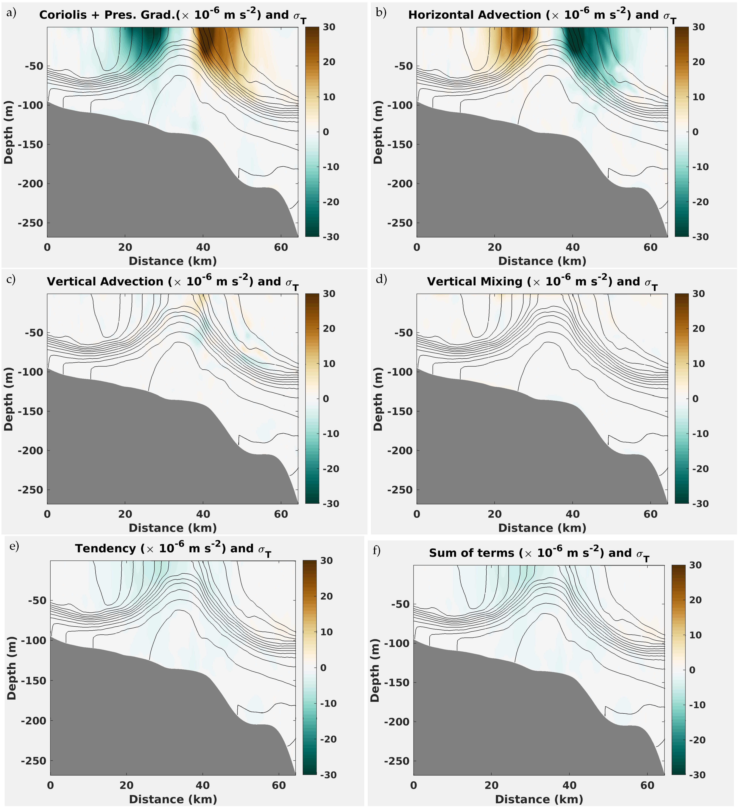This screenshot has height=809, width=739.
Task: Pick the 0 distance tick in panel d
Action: pyautogui.click(x=417, y=514)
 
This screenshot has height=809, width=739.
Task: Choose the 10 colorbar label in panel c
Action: pyautogui.click(x=329, y=364)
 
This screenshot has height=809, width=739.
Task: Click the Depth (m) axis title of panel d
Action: pyautogui.click(x=378, y=399)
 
